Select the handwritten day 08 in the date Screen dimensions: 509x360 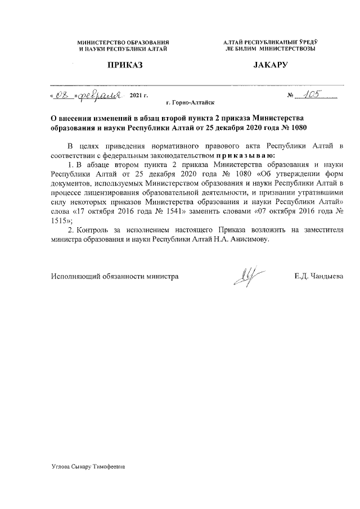point(61,96)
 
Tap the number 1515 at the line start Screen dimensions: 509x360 point(59,220)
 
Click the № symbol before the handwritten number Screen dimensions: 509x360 point(291,96)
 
